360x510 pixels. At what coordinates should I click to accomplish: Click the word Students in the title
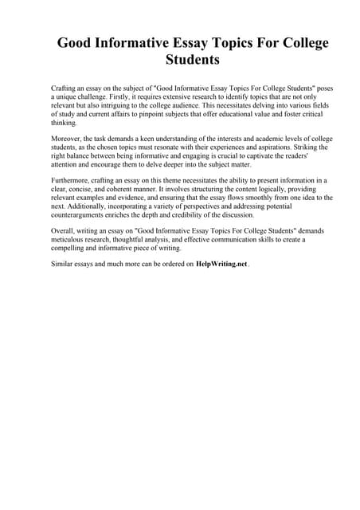(192, 60)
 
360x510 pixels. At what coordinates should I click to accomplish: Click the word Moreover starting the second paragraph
(66, 138)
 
